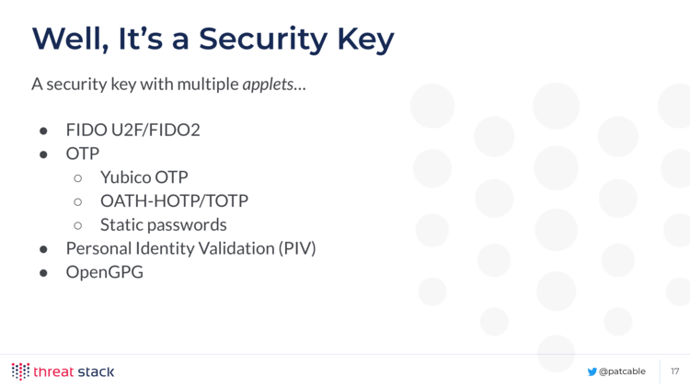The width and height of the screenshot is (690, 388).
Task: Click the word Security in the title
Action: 263,40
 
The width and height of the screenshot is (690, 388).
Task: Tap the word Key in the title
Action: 365,40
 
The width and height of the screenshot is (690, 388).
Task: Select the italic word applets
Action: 268,84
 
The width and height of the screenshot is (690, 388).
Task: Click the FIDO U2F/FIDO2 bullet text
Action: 132,130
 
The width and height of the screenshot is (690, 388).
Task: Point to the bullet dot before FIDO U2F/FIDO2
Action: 43,131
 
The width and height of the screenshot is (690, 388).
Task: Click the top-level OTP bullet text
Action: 83,154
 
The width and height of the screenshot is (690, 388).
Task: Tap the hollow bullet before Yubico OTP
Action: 78,178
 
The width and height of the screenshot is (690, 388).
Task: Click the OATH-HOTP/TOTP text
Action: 174,201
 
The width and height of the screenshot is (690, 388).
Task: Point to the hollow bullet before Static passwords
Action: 78,225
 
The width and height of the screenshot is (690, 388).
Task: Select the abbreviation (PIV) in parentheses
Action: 297,248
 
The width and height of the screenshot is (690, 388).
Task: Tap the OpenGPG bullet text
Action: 105,272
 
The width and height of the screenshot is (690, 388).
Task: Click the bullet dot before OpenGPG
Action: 43,273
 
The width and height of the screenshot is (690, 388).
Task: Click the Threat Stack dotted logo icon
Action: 20,371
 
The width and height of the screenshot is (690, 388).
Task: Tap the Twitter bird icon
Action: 592,371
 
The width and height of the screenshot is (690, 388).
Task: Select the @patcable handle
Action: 622,371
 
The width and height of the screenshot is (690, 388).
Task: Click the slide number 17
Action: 675,371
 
